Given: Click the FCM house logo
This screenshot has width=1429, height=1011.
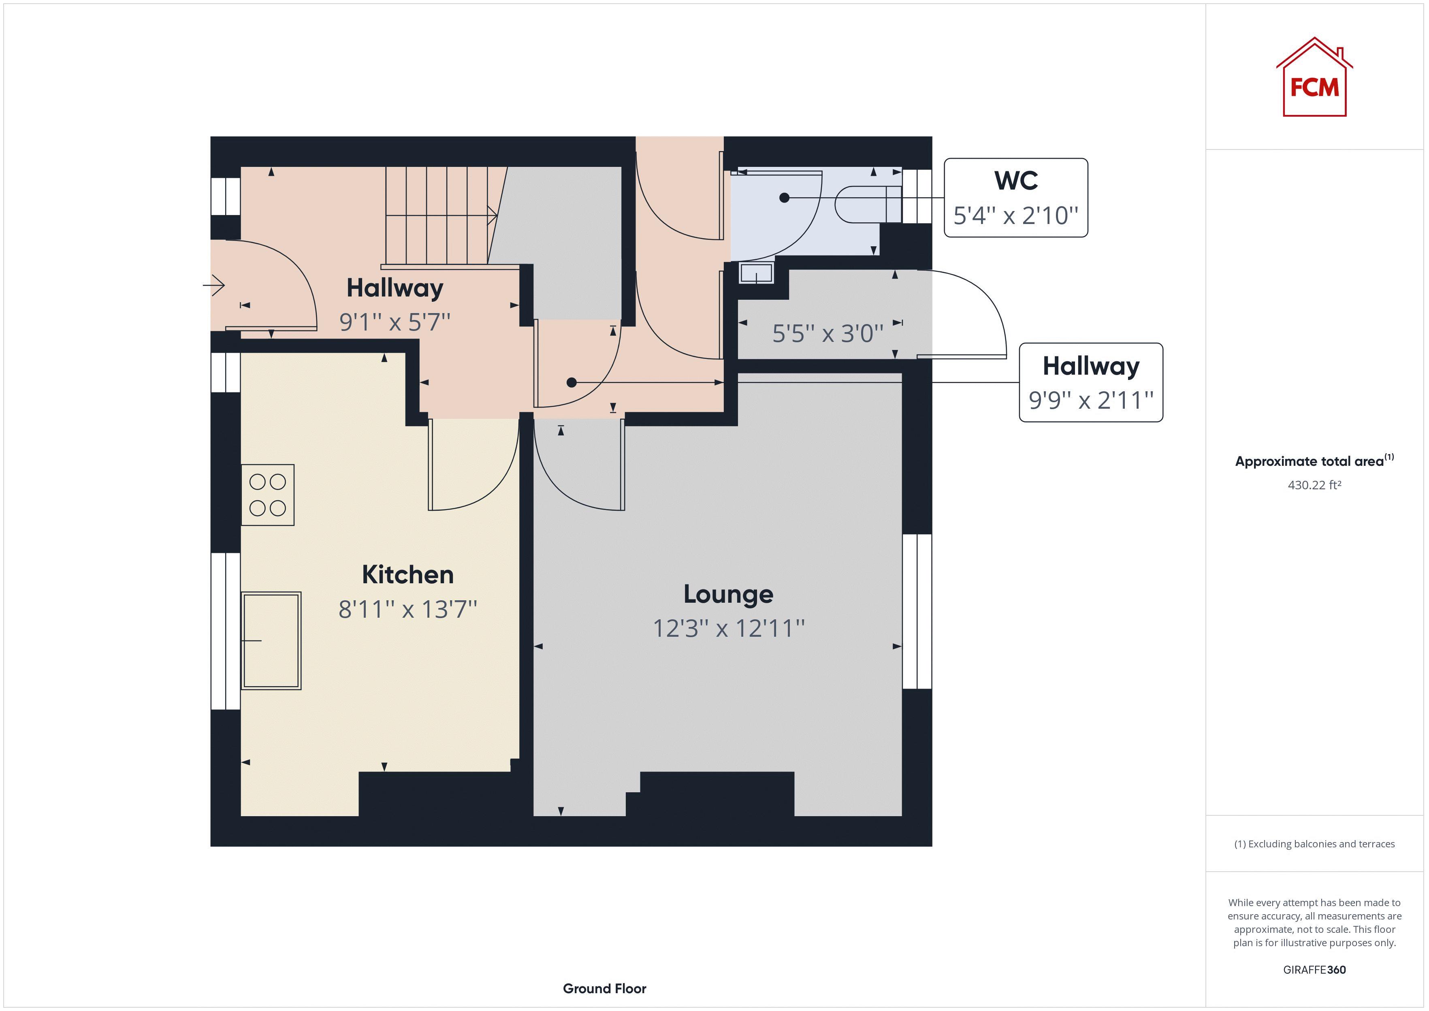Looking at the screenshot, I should click(x=1314, y=79).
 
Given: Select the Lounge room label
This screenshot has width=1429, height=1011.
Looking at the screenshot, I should click(x=728, y=594).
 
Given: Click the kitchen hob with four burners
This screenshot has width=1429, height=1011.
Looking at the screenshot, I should click(x=268, y=495).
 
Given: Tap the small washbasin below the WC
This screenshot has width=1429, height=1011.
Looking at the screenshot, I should click(x=756, y=273).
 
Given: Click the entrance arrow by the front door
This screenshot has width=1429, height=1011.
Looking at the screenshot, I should click(x=214, y=286).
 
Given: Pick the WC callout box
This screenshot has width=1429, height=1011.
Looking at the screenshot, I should click(x=1016, y=197).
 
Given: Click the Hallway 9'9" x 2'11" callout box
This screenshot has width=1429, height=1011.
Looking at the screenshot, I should click(x=1090, y=382).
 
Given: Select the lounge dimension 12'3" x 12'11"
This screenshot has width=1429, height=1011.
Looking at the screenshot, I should click(x=728, y=629).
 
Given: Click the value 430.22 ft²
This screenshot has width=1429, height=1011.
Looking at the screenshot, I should click(x=1314, y=485).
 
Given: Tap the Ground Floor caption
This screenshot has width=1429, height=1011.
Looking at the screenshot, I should click(x=604, y=989).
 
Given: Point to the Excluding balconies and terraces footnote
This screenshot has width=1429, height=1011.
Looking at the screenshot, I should click(x=1314, y=844).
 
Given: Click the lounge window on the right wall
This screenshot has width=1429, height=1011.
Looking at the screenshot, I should click(x=917, y=611).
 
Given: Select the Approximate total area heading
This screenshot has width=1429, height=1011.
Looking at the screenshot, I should click(x=1314, y=461).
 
